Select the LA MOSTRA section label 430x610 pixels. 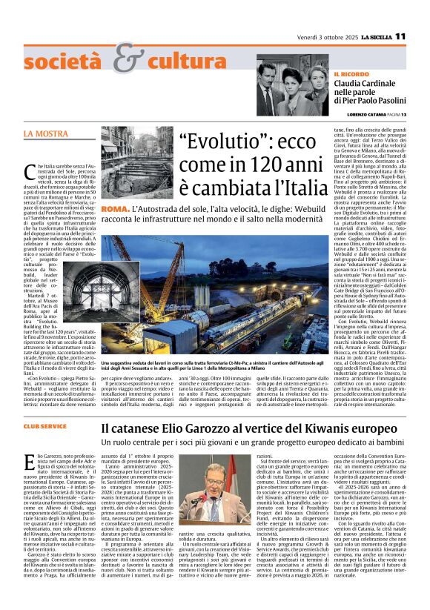pos(45,134)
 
